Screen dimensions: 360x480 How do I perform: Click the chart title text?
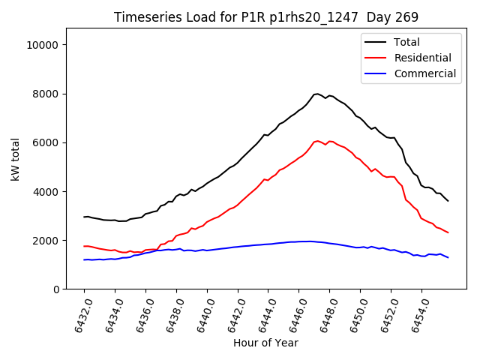pyautogui.click(x=266, y=17)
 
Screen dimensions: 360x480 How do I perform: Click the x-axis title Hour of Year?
pyautogui.click(x=265, y=343)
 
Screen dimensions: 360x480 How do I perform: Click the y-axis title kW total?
pyautogui.click(x=16, y=159)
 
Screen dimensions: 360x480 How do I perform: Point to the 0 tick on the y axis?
pyautogui.click(x=57, y=289)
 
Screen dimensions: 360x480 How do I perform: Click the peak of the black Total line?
pyautogui.click(x=317, y=94)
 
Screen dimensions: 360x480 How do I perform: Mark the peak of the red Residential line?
pyautogui.click(x=317, y=141)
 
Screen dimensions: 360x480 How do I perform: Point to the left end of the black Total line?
pyautogui.click(x=84, y=217)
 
